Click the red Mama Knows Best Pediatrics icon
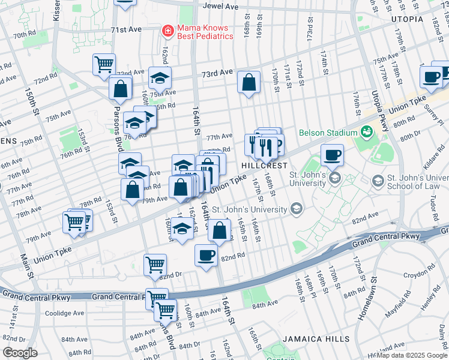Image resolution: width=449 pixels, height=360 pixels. click(169, 31)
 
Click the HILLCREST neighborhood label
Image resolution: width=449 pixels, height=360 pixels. click(262, 164)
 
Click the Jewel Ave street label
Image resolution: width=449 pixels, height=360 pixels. click(220, 6)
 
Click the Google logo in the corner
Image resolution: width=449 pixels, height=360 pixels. click(20, 353)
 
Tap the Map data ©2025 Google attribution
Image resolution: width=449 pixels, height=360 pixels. click(412, 355)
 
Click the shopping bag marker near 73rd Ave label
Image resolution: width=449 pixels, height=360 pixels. click(249, 82)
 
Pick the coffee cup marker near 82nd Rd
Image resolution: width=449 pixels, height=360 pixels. click(206, 256)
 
